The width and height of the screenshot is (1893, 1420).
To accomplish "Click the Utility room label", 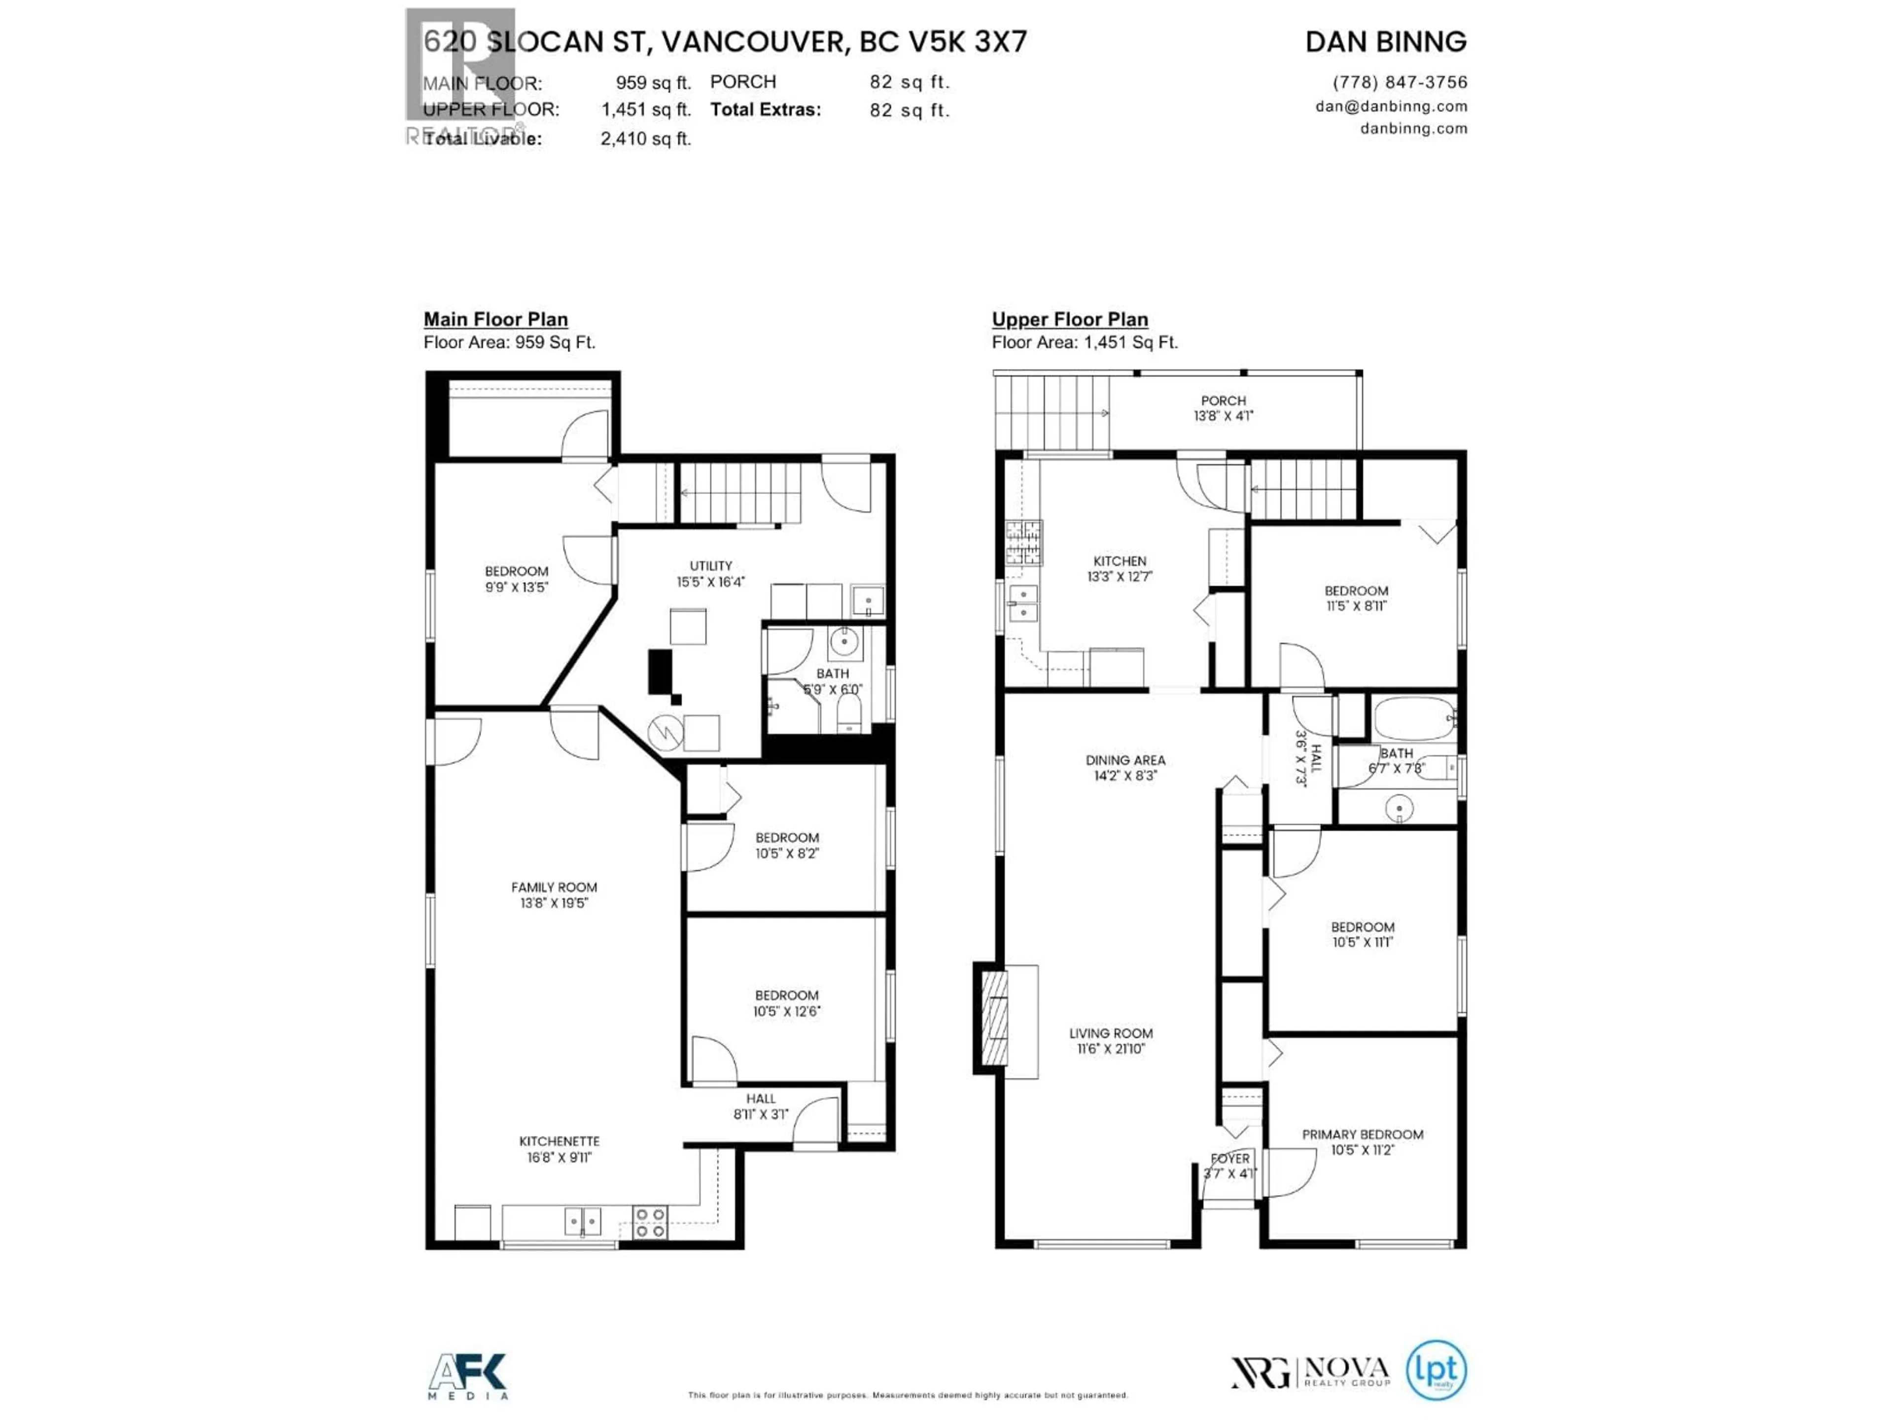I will pyautogui.click(x=710, y=566).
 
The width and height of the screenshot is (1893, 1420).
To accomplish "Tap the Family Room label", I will pyautogui.click(x=554, y=887).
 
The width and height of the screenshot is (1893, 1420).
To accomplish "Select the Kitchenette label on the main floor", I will pyautogui.click(x=559, y=1141).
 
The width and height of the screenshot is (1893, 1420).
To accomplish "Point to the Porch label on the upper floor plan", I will pyautogui.click(x=1223, y=400).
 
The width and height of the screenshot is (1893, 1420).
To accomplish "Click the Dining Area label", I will pyautogui.click(x=1125, y=760).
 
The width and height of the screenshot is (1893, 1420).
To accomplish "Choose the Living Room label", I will pyautogui.click(x=1111, y=1033).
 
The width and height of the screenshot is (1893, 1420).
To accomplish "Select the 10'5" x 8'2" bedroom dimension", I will pyautogui.click(x=786, y=853).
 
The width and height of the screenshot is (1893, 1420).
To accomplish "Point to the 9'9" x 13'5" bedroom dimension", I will pyautogui.click(x=516, y=587).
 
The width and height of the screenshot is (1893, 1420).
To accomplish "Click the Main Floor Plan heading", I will pyautogui.click(x=495, y=319).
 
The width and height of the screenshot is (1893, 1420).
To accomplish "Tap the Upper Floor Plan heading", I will pyautogui.click(x=1070, y=319).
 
